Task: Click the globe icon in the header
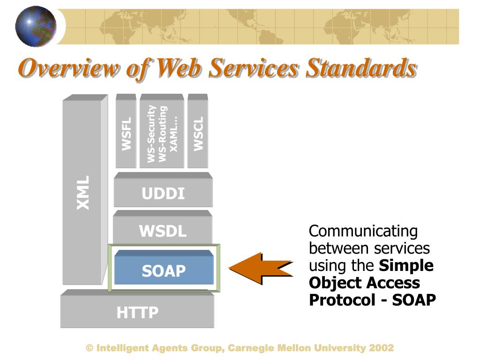[x=36, y=26]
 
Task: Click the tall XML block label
[x=83, y=193]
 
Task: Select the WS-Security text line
[x=151, y=134]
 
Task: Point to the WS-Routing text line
[x=163, y=134]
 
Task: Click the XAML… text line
[x=174, y=134]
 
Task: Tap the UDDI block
[x=163, y=194]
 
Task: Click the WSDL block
[x=163, y=231]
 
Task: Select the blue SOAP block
[x=164, y=270]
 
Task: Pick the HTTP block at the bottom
[x=137, y=312]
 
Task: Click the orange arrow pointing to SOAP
[x=260, y=269]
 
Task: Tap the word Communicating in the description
[x=363, y=231]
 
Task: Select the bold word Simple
[x=406, y=266]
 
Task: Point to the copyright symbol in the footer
[x=90, y=348]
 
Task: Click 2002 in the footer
[x=381, y=348]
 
